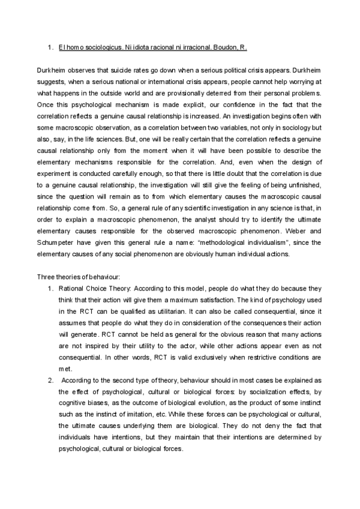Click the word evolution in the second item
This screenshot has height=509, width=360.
click(223, 403)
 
